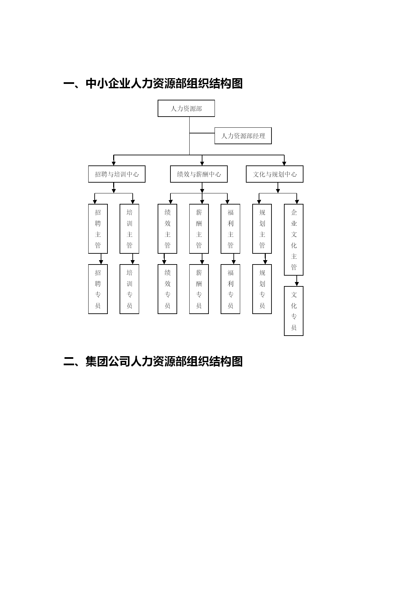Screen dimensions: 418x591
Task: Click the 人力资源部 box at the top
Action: coord(186,108)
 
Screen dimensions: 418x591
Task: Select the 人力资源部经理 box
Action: coord(243,136)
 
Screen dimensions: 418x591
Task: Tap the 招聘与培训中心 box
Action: coord(117,174)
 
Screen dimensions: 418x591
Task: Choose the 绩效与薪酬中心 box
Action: coord(199,174)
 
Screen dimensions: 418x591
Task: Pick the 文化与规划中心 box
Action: coord(275,174)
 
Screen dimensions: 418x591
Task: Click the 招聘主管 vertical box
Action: coord(98,229)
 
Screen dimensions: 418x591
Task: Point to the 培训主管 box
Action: coord(129,229)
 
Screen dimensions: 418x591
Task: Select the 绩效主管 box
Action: coord(167,229)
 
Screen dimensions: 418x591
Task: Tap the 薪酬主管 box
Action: coord(199,229)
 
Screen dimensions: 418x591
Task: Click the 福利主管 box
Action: coord(230,229)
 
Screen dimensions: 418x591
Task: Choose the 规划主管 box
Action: coord(262,229)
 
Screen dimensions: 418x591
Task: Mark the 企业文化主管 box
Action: coord(294,240)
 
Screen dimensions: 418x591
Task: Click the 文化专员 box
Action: coord(294,311)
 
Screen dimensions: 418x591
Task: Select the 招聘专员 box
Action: coord(98,289)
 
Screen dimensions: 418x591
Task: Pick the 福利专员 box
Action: coord(230,289)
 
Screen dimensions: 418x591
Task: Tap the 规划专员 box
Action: coord(262,289)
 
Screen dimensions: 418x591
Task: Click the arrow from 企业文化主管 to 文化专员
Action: coord(297,281)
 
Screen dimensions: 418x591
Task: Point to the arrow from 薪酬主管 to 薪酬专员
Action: coord(202,259)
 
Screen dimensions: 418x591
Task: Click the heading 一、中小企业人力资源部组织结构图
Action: coord(153,84)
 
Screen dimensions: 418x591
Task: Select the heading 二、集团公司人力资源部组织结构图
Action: coord(153,362)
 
